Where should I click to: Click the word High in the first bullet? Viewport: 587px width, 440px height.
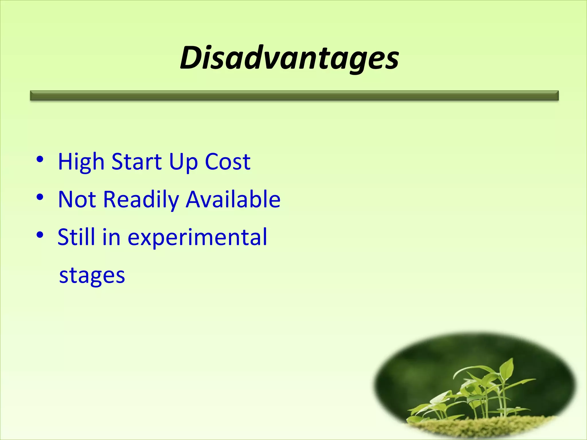coord(81,162)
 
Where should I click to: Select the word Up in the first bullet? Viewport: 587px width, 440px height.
coord(183,162)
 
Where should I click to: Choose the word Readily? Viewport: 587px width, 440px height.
coord(141,200)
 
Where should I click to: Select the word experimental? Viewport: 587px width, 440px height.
coord(197,238)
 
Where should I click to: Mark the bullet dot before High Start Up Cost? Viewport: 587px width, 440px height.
coord(40,159)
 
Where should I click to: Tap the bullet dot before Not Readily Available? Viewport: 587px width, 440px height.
coord(40,197)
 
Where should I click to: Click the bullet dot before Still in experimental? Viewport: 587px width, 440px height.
coord(40,235)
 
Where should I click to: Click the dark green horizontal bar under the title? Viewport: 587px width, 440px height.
coord(294,95)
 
